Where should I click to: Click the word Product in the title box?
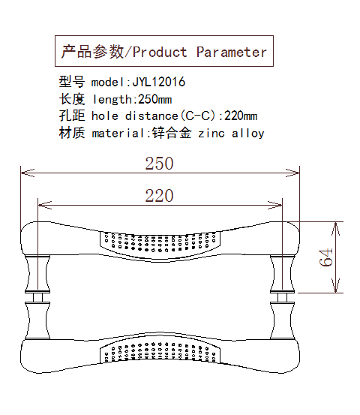(x=160, y=52)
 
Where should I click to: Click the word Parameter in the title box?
(x=232, y=52)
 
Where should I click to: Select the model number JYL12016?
(x=159, y=82)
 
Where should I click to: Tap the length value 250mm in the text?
(x=155, y=99)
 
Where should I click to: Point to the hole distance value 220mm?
(x=241, y=116)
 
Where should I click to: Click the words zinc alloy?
(x=231, y=133)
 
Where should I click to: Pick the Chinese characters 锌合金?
(x=172, y=133)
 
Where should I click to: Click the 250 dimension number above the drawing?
(x=159, y=164)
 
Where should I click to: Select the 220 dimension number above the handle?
(x=159, y=196)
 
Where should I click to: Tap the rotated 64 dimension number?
(x=325, y=257)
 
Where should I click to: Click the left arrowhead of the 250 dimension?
(x=27, y=173)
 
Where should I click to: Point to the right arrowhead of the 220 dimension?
(x=275, y=205)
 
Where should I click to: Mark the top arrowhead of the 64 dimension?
(x=336, y=229)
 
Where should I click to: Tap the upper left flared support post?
(x=37, y=274)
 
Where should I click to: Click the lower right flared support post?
(x=282, y=320)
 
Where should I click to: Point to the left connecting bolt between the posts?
(x=37, y=297)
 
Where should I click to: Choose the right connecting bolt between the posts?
(x=282, y=297)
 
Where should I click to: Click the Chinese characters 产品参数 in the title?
(x=92, y=51)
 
